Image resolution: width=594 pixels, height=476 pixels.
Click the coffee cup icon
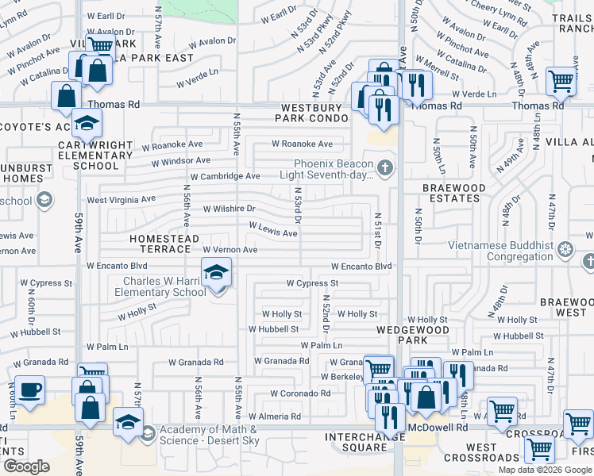click(29, 390)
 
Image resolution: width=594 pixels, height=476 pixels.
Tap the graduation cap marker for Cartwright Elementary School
click(87, 123)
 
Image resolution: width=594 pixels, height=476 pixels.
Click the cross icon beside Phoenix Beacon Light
click(385, 167)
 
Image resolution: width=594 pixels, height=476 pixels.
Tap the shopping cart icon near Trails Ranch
click(561, 80)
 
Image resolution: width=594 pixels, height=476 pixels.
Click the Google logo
click(26, 466)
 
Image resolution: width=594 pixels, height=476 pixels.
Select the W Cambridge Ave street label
click(225, 176)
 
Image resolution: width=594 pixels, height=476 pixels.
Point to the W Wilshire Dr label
click(229, 209)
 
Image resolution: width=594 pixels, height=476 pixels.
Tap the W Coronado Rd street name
click(300, 393)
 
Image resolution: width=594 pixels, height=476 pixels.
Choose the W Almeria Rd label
click(275, 416)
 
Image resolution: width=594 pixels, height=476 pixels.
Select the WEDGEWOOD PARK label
click(402, 333)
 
